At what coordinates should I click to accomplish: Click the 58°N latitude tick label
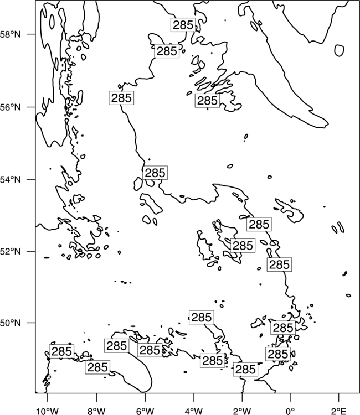11,34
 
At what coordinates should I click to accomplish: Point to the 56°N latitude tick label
11,107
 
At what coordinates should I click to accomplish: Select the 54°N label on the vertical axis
11,179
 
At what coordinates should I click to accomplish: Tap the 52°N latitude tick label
11,251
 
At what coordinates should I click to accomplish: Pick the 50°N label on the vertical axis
11,323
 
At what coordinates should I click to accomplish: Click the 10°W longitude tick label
48,411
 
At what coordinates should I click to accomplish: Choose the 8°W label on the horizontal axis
96,411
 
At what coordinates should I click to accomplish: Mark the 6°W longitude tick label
145,411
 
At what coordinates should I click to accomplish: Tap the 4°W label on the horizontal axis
193,411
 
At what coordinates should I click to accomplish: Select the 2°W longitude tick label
242,411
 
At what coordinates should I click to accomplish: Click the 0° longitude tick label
290,411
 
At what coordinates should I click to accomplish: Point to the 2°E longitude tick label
339,411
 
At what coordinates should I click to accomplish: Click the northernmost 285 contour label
183,25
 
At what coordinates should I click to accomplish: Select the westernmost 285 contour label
61,351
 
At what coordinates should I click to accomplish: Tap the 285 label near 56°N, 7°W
121,98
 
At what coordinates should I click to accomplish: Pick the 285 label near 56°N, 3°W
208,101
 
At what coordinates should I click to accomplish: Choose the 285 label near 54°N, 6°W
155,173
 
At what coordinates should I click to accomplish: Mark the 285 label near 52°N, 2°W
243,246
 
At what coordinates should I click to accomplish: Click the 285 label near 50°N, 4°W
202,317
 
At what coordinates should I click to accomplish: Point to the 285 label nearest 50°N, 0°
283,328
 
